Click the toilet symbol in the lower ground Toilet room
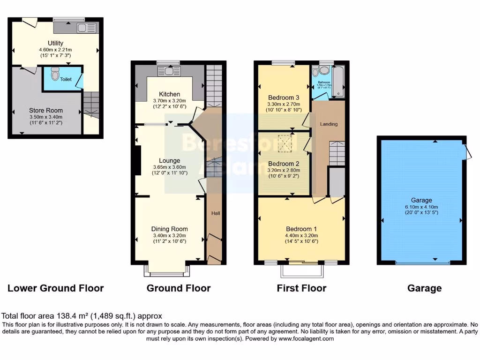(55, 74)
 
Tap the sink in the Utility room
(85, 27)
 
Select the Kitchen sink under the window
(168, 71)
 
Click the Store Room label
(46, 111)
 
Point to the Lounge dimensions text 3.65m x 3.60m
(169, 167)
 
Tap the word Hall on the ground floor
(215, 213)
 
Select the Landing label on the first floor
(329, 124)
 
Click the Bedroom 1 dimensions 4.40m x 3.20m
(301, 236)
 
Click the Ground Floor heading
(179, 288)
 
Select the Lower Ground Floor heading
(55, 288)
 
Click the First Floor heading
(301, 288)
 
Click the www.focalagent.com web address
(306, 338)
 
